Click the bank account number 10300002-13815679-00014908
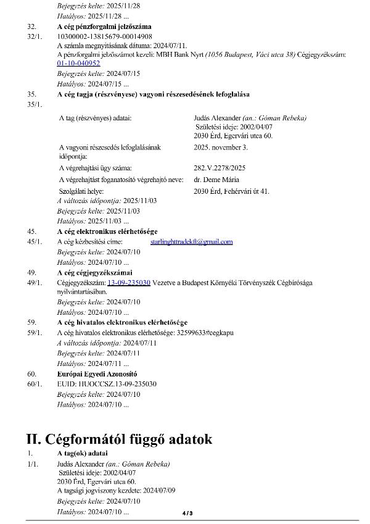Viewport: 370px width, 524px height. tap(100, 36)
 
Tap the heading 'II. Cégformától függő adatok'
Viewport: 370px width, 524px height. tap(119, 439)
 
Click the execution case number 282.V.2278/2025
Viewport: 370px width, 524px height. tap(220, 167)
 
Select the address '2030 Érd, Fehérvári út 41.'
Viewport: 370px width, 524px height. tap(231, 191)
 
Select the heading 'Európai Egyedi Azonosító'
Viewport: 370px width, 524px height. tap(97, 374)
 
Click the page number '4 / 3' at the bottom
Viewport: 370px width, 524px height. tap(187, 513)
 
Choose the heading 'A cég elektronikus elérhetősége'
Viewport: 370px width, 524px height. tap(107, 231)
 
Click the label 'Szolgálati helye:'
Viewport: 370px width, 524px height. tap(81, 191)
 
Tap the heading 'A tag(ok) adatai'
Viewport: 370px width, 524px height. tap(84, 454)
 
